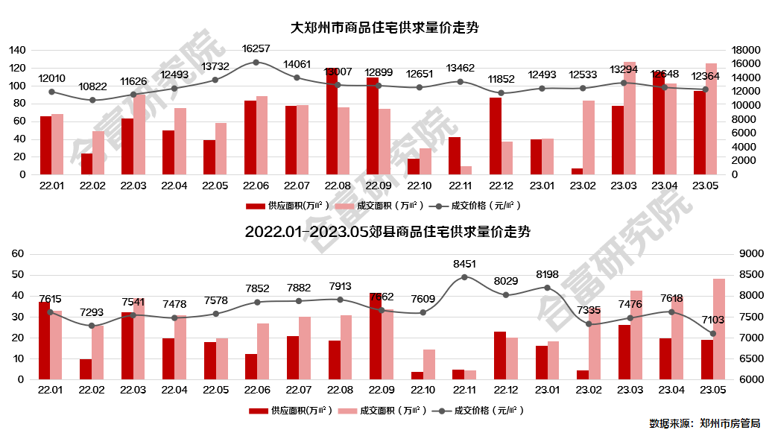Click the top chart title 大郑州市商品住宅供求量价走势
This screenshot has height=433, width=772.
tap(385, 28)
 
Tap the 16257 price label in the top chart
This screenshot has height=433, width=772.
tap(256, 48)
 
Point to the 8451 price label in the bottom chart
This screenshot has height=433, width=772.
tap(464, 264)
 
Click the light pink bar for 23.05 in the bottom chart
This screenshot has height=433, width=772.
tap(719, 329)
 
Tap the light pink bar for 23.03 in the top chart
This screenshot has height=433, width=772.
tap(630, 118)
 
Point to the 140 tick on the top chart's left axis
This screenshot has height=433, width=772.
tap(16, 50)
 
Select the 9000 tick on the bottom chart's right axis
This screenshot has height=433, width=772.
tap(746, 254)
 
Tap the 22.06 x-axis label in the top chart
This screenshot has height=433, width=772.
tap(256, 185)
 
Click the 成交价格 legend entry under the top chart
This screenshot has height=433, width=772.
tap(478, 205)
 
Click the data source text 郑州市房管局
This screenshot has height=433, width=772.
tap(730, 423)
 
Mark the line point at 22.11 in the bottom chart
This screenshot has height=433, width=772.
tap(464, 277)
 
